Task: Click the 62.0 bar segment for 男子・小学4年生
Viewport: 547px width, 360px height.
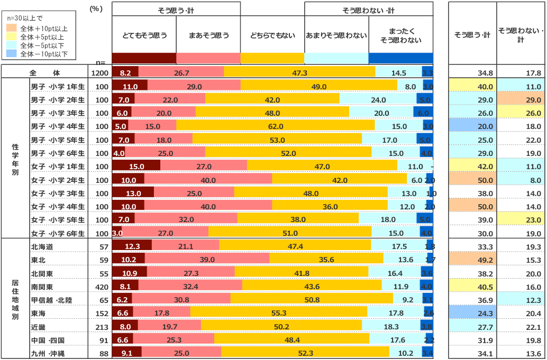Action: click(x=276, y=126)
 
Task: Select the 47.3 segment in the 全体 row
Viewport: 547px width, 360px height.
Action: click(x=299, y=72)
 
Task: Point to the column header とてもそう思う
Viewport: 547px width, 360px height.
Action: click(x=144, y=36)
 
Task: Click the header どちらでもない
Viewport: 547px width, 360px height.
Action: click(x=272, y=36)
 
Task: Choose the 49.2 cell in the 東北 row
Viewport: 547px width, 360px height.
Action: click(x=472, y=260)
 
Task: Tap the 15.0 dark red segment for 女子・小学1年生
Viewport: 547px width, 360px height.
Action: click(x=136, y=167)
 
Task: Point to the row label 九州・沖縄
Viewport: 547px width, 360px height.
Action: click(x=49, y=354)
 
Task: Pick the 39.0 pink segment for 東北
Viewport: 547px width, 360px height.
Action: click(x=207, y=260)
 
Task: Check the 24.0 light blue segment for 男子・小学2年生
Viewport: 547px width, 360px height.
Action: click(x=379, y=100)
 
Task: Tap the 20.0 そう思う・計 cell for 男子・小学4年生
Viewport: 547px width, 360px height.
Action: click(x=472, y=126)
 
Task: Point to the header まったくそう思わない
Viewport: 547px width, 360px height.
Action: click(x=400, y=36)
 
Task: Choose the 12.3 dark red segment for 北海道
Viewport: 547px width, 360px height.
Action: click(x=132, y=246)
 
